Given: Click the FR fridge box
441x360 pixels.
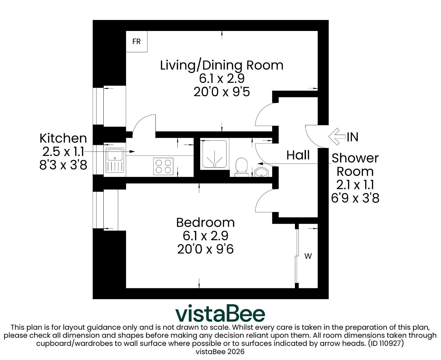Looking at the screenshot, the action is (x=136, y=42).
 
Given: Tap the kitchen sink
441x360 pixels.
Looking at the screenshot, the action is (x=115, y=160).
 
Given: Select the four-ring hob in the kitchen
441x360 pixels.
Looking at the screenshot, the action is (x=163, y=166).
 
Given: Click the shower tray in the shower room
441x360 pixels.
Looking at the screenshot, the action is (x=214, y=154).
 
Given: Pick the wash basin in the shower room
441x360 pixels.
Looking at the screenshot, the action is (x=261, y=172).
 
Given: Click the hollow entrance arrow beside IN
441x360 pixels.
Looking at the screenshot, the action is (x=337, y=136).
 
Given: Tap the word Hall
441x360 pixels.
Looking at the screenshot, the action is (x=298, y=155).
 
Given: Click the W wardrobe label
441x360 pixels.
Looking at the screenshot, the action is (x=308, y=256).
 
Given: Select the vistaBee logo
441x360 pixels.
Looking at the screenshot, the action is (x=220, y=313).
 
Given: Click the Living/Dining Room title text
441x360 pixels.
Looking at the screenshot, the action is (x=222, y=65).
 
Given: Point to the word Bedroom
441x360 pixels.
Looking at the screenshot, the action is (x=205, y=223).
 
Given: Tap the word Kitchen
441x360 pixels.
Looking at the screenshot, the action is (x=63, y=138).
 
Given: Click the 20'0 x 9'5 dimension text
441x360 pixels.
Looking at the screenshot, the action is (x=222, y=92).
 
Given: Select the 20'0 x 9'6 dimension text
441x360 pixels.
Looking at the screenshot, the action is (x=205, y=249).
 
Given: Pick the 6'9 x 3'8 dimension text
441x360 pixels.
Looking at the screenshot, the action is (x=355, y=198).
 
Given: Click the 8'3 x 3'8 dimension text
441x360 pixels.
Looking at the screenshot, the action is (x=63, y=165).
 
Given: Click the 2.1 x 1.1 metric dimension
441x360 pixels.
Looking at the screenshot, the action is (x=355, y=185).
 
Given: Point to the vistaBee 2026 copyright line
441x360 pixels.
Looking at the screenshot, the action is (x=220, y=352).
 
